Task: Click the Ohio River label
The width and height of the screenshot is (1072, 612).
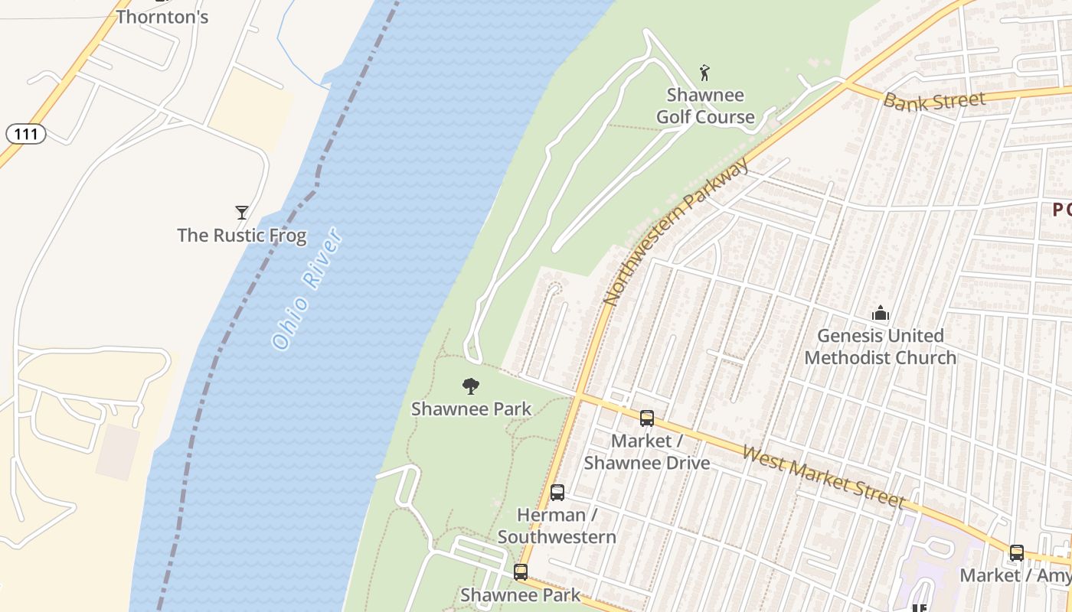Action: pyautogui.click(x=307, y=289)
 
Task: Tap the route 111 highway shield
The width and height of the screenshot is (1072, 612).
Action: pyautogui.click(x=26, y=134)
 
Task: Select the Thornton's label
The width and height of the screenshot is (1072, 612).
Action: pyautogui.click(x=162, y=17)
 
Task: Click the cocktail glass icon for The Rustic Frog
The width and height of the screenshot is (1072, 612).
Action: pyautogui.click(x=242, y=212)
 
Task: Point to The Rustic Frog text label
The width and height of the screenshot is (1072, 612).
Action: pyautogui.click(x=242, y=235)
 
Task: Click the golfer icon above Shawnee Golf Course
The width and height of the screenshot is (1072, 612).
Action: pyautogui.click(x=705, y=73)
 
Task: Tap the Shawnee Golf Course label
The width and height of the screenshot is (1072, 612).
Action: pyautogui.click(x=705, y=106)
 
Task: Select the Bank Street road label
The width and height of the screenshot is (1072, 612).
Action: pyautogui.click(x=934, y=100)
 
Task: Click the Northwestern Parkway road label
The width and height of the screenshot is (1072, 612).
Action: pyautogui.click(x=675, y=233)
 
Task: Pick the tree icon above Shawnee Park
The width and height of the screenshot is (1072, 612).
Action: pyautogui.click(x=471, y=386)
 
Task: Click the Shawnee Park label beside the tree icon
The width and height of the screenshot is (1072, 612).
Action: pyautogui.click(x=471, y=409)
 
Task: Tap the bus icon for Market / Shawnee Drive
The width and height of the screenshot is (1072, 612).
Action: pyautogui.click(x=647, y=418)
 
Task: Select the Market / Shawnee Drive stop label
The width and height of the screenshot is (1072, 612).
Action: pyautogui.click(x=647, y=451)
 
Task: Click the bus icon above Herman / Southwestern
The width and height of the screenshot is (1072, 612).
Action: pyautogui.click(x=557, y=492)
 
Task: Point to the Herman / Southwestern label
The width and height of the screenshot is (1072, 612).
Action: pyautogui.click(x=557, y=526)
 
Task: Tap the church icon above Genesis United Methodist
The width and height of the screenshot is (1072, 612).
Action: pyautogui.click(x=881, y=313)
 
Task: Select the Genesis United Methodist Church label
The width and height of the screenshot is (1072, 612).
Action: pyautogui.click(x=881, y=346)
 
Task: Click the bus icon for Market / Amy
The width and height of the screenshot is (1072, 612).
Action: pyautogui.click(x=1016, y=552)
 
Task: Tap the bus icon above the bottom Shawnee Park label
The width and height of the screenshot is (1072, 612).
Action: pyautogui.click(x=521, y=571)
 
